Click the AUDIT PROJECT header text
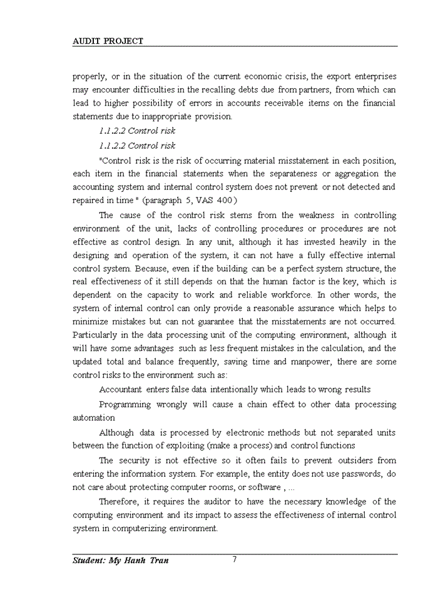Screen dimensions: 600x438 pos(108,41)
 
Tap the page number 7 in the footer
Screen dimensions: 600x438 pos(234,559)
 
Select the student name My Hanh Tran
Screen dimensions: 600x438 pos(120,561)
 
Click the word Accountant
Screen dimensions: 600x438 pos(121,390)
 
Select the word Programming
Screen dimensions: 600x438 pos(125,404)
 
